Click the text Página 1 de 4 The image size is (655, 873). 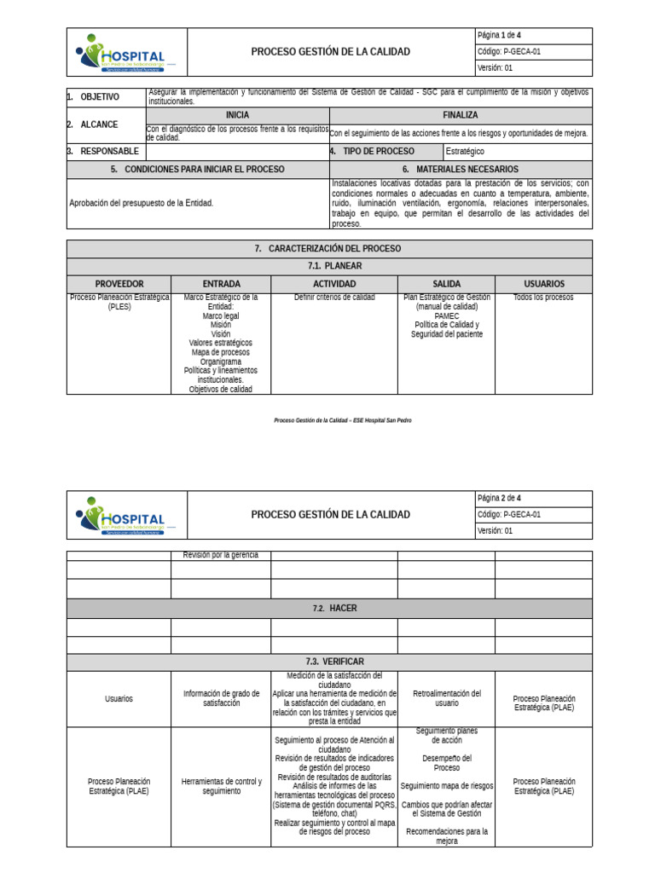tap(510, 36)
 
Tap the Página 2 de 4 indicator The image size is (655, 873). tap(510, 498)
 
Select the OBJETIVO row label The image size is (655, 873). tap(100, 97)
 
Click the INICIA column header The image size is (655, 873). tap(238, 115)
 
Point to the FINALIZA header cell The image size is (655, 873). tap(461, 115)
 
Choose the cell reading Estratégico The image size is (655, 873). tap(465, 151)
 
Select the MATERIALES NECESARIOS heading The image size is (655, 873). tap(461, 170)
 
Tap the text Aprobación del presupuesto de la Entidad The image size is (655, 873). tap(142, 203)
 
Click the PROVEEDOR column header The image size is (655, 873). tap(119, 284)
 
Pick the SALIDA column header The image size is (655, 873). tap(446, 284)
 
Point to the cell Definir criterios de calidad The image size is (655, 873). tap(334, 298)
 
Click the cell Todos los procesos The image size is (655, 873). tap(543, 298)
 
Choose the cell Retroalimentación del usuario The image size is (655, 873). tap(446, 698)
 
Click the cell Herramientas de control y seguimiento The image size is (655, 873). tap(221, 786)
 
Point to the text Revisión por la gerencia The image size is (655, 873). tap(220, 555)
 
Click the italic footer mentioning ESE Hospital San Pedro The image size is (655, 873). tap(335, 420)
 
